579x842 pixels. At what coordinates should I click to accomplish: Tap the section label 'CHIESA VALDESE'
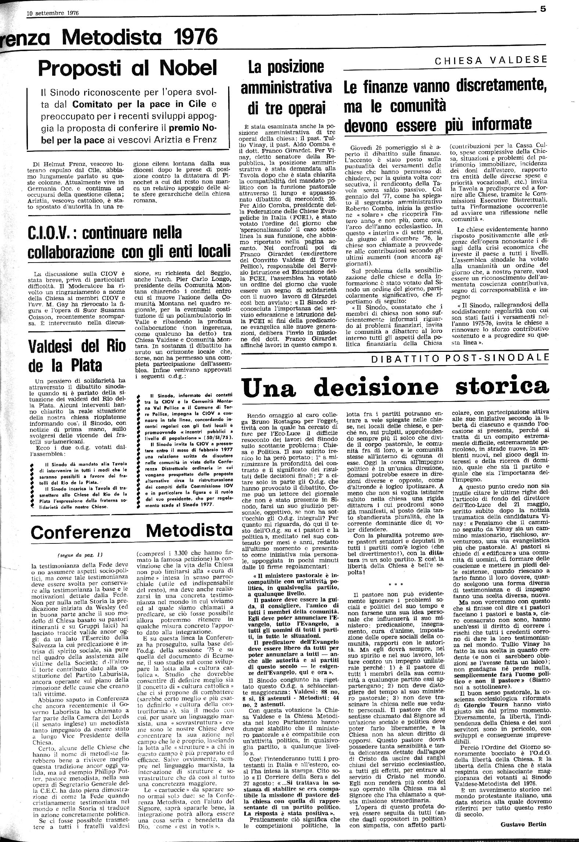tap(491, 61)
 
